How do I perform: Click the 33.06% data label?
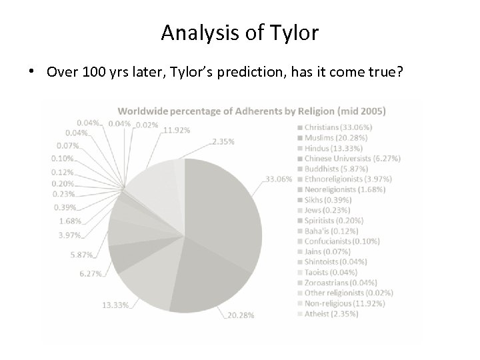click(279, 179)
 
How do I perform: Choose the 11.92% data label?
click(176, 131)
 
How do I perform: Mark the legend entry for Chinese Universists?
click(353, 159)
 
